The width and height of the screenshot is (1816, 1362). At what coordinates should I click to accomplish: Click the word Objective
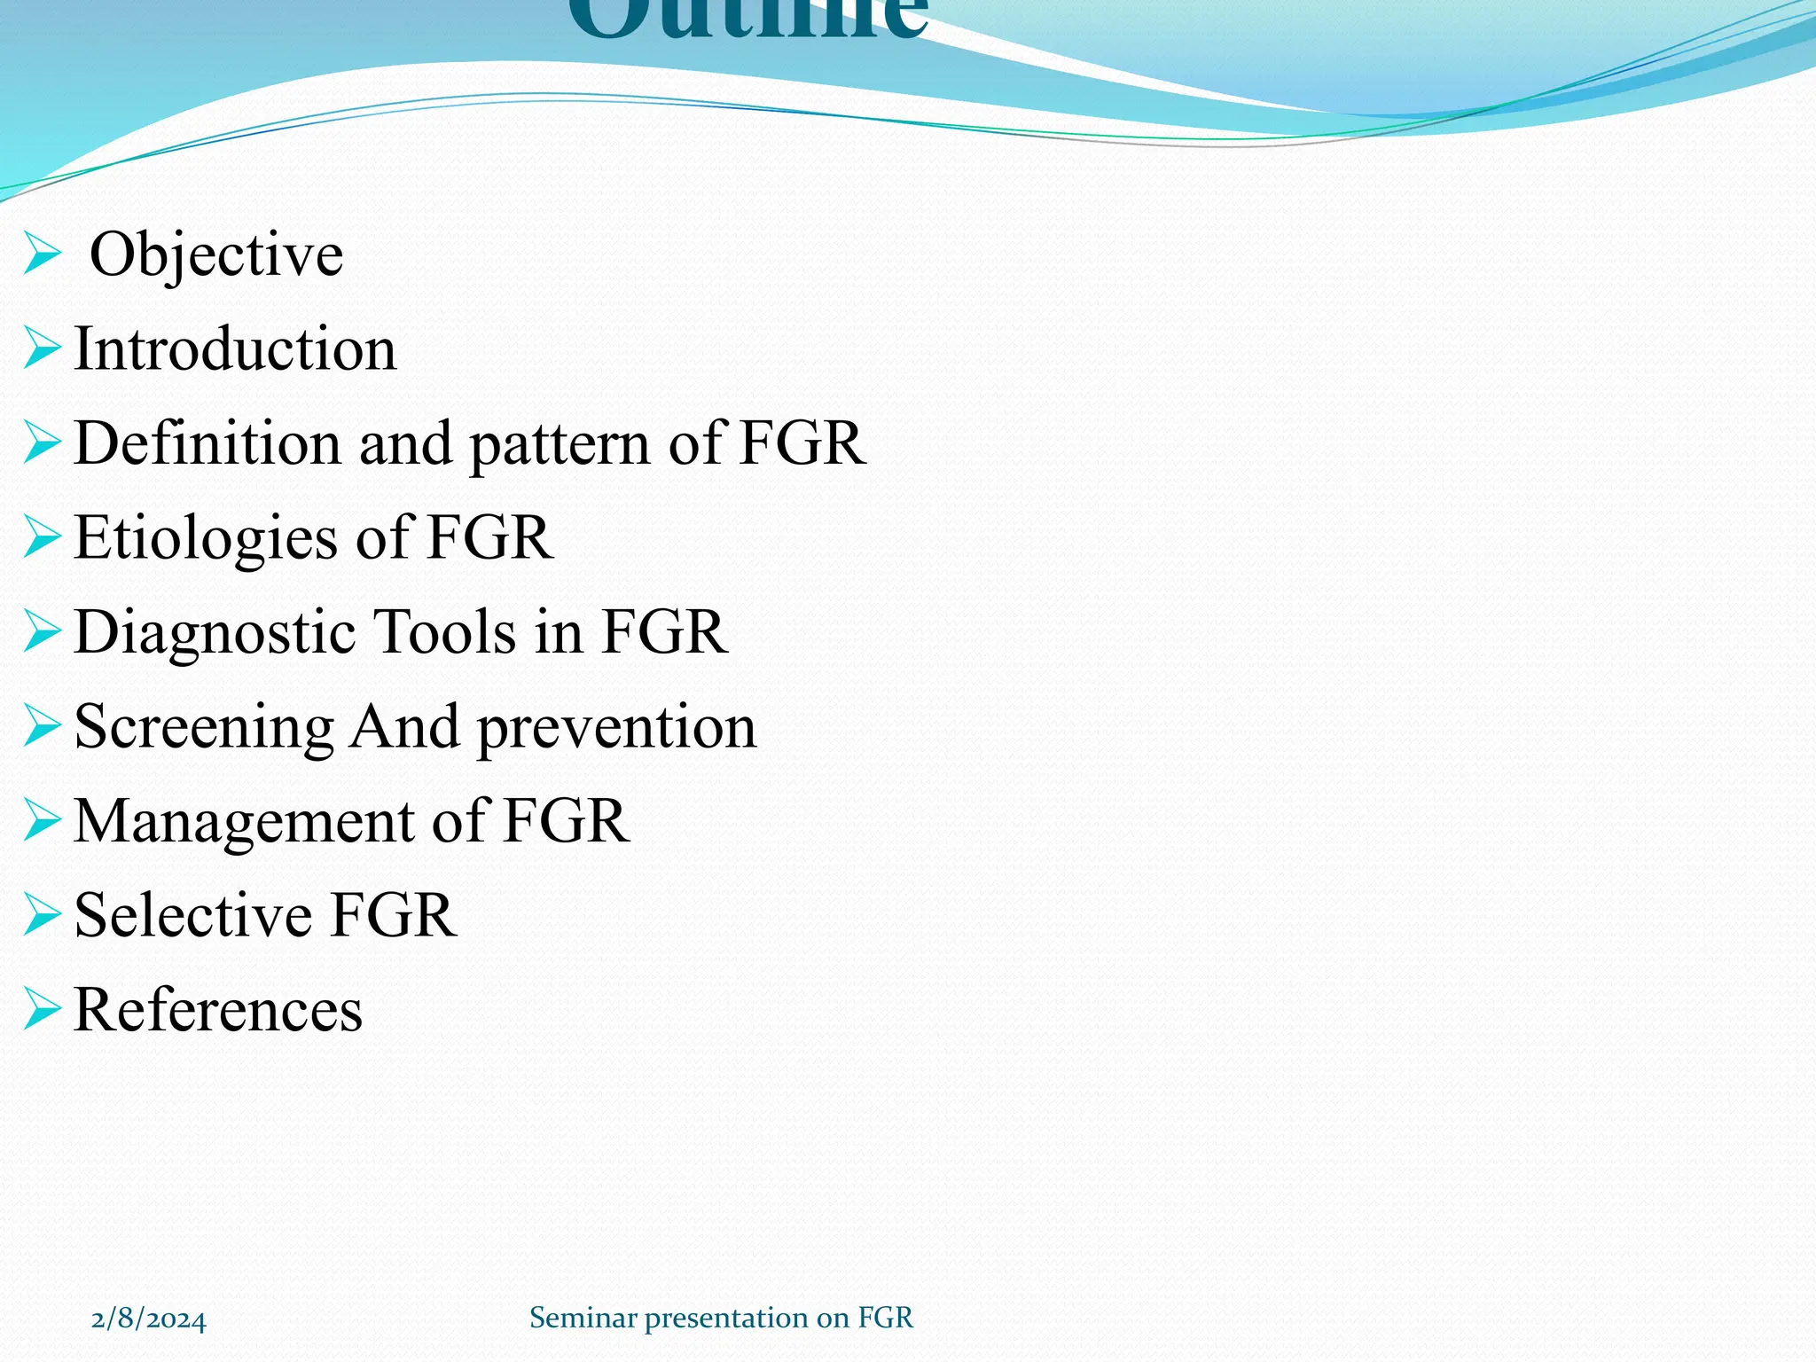coord(216,254)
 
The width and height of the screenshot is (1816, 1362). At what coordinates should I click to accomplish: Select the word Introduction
coord(235,348)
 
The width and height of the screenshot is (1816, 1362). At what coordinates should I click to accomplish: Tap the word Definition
coord(207,442)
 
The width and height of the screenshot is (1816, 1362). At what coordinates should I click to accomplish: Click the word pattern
coord(559,444)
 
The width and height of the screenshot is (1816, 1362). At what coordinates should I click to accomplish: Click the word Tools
coord(444,631)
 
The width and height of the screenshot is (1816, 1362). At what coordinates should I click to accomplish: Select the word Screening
coord(204,727)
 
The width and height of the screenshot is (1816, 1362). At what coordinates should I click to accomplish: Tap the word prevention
coord(617,729)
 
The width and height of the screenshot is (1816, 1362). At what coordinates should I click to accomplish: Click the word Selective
coord(193,915)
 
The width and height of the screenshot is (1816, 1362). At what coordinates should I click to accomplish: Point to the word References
coord(218,1009)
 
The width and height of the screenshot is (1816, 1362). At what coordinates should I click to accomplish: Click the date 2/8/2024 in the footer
coord(149,1319)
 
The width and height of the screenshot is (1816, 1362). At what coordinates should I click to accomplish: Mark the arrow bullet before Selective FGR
coord(42,914)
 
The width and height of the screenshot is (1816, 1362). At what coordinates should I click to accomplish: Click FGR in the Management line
coord(566,821)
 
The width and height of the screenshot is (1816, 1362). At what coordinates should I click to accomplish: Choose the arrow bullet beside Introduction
coord(42,348)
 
